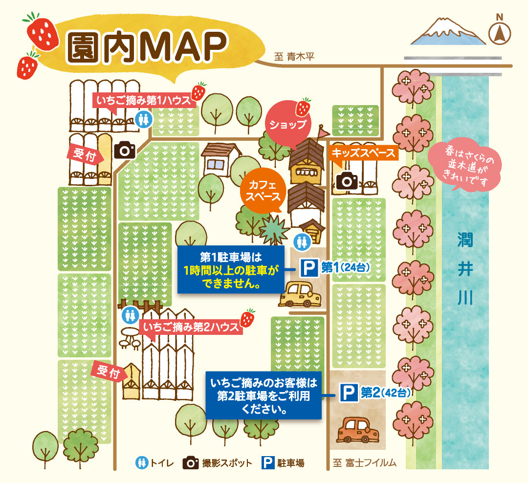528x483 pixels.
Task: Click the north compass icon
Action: tap(500, 33)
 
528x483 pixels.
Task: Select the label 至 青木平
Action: tap(293, 57)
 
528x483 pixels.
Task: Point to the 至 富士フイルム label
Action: tap(364, 462)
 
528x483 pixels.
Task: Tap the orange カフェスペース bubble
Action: tap(263, 191)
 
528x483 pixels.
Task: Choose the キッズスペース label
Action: tap(363, 153)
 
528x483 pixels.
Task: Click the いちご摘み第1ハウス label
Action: tap(145, 100)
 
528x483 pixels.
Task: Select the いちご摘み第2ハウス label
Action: tap(191, 326)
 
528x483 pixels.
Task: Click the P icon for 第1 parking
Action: tap(308, 268)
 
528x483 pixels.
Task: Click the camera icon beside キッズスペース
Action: tap(347, 181)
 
